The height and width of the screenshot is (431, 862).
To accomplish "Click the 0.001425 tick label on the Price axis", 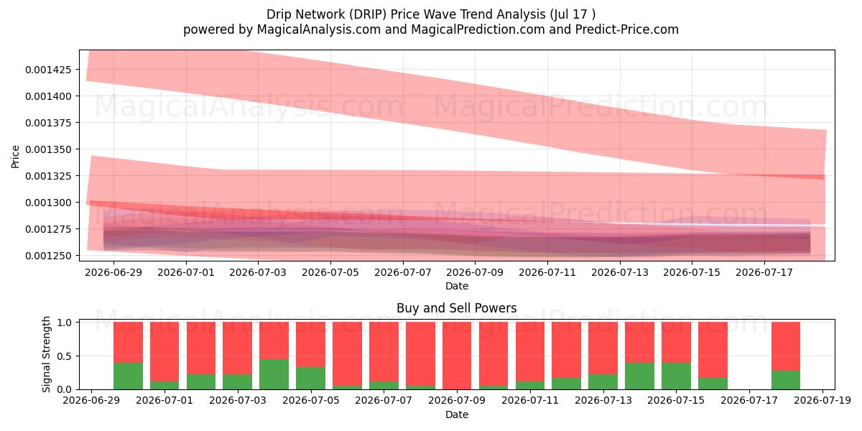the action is (49, 70).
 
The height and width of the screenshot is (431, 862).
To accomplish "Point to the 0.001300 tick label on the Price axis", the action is (49, 203).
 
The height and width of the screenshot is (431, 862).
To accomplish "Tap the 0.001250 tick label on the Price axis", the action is (49, 256).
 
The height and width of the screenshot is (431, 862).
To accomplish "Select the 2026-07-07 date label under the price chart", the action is (402, 272).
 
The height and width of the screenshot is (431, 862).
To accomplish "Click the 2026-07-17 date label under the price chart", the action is (764, 272).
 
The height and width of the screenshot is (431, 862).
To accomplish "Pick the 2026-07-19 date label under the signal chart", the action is (822, 401).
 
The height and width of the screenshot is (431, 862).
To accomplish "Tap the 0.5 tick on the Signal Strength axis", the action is (65, 356).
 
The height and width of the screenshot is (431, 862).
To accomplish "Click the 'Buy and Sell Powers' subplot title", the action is (457, 308).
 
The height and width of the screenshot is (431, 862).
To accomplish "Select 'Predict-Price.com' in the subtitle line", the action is (627, 29).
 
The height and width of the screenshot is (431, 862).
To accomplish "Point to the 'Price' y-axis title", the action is (15, 157).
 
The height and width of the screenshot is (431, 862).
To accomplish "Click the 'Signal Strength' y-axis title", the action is (46, 354).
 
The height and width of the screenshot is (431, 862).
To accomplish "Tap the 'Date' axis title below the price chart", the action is (457, 287).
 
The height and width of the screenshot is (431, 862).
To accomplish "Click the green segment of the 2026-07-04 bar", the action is (274, 374).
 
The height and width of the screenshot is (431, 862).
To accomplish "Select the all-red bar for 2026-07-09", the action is (457, 356).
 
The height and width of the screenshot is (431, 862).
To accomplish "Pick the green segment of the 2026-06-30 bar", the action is (128, 376).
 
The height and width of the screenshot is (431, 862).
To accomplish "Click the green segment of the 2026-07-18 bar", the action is (786, 380).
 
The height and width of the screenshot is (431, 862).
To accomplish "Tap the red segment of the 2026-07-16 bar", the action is (713, 350).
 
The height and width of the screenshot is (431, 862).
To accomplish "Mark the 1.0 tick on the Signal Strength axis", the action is (65, 323).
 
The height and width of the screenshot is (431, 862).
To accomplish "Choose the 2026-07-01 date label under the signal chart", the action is (164, 401).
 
